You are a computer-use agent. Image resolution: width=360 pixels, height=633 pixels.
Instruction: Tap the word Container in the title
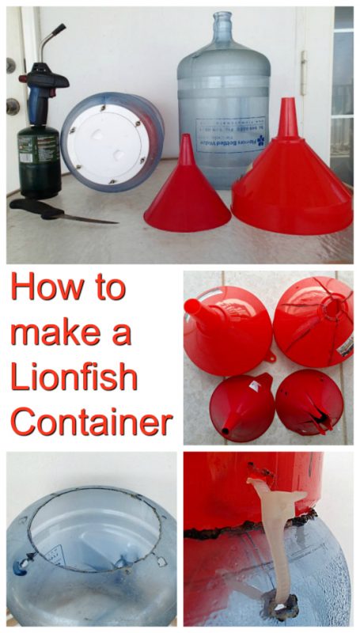point(91,423)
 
